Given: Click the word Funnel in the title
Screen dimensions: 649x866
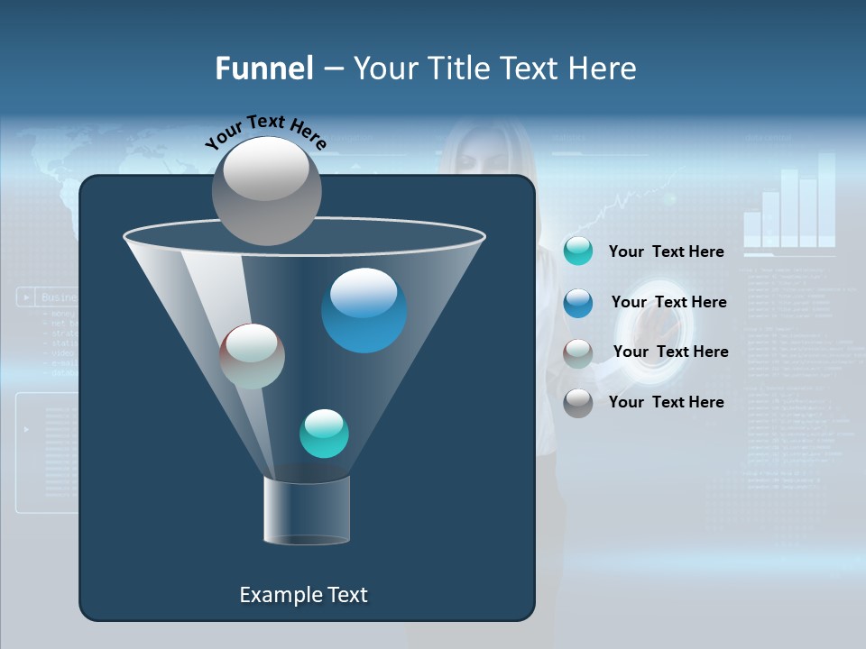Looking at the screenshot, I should pyautogui.click(x=263, y=69).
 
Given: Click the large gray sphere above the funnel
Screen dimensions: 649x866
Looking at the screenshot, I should pyautogui.click(x=266, y=190).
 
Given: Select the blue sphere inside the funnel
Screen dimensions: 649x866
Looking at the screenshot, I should pyautogui.click(x=364, y=310).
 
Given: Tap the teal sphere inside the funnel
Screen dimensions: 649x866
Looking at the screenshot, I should pyautogui.click(x=324, y=433).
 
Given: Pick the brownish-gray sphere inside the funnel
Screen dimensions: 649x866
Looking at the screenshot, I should pyautogui.click(x=252, y=356).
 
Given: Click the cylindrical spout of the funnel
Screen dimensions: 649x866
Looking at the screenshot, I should pyautogui.click(x=306, y=510).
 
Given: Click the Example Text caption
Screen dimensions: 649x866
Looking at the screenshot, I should pyautogui.click(x=303, y=595).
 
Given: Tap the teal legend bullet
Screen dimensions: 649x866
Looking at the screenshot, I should pyautogui.click(x=577, y=251).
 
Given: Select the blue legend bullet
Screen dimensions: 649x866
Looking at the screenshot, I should pyautogui.click(x=577, y=303).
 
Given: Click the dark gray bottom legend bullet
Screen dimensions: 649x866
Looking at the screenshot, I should pyautogui.click(x=577, y=403).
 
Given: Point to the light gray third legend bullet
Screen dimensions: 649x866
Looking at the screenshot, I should pyautogui.click(x=577, y=352).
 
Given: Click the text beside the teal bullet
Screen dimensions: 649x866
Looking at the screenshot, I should pyautogui.click(x=666, y=251).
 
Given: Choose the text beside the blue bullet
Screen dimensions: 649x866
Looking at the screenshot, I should pyautogui.click(x=668, y=302).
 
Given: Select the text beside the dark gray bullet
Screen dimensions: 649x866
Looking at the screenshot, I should pyautogui.click(x=666, y=402).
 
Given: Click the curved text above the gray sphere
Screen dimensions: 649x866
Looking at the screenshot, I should pyautogui.click(x=265, y=131).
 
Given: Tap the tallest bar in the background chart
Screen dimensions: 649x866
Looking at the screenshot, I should pyautogui.click(x=826, y=198).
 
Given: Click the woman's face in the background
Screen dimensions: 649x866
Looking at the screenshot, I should pyautogui.click(x=483, y=158).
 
